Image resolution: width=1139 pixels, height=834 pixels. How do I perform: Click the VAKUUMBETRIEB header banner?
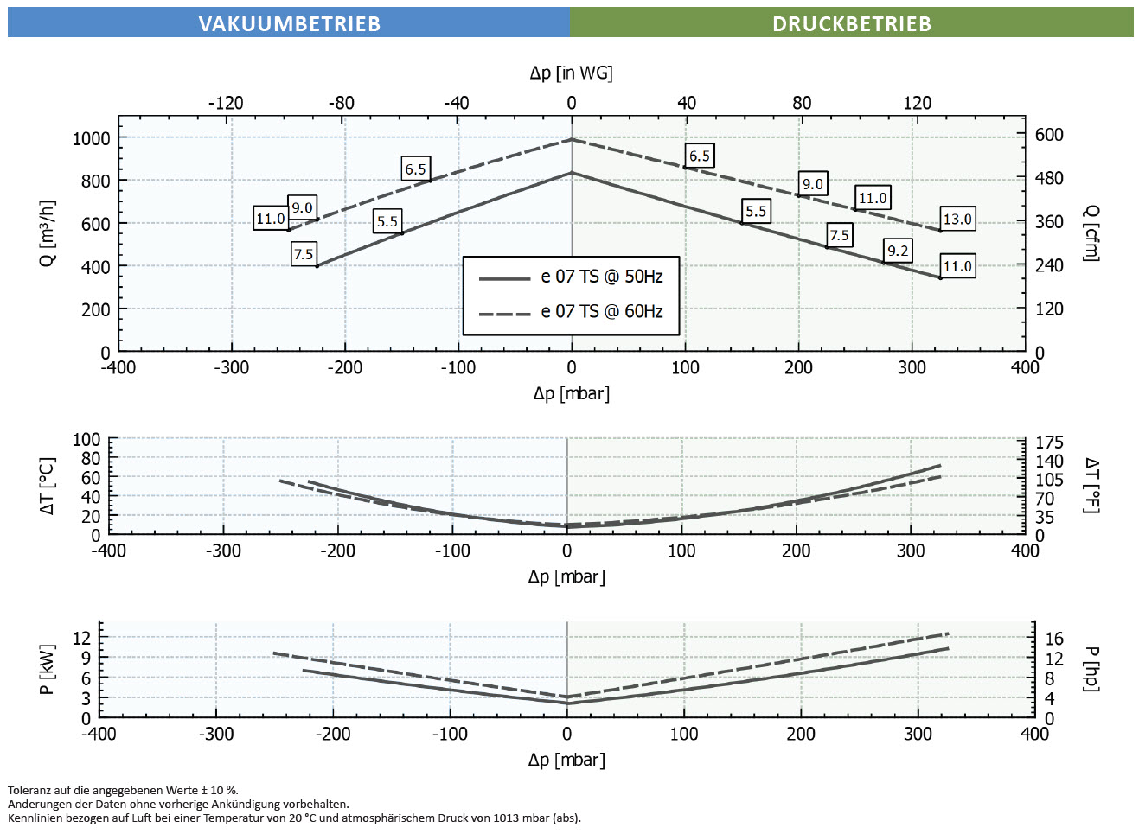(289, 23)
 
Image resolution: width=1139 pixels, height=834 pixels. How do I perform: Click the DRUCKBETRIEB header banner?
(851, 23)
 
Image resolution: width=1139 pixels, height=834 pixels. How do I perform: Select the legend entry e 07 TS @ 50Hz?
(601, 277)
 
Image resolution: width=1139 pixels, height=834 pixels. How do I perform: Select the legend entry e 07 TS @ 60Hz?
(601, 311)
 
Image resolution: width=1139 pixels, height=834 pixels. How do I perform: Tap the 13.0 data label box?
(957, 219)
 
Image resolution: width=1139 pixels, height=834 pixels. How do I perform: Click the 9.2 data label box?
(898, 251)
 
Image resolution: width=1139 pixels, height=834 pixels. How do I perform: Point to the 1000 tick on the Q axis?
(92, 138)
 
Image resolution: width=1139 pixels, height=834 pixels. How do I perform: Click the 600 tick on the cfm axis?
(1049, 135)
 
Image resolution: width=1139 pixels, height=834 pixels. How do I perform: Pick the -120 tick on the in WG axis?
(226, 103)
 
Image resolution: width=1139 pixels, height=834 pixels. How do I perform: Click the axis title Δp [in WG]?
(571, 73)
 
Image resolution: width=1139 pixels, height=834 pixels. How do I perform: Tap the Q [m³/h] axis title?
(48, 233)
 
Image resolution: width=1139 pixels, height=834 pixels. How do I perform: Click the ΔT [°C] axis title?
(48, 487)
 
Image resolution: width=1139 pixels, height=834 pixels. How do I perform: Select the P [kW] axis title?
(48, 669)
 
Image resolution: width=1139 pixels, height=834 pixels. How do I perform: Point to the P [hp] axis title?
(1091, 669)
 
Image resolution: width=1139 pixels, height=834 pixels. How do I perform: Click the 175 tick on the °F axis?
(1049, 442)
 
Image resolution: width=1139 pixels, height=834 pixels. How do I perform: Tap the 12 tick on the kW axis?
(81, 638)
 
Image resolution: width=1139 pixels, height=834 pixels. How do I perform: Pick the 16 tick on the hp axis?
(1054, 639)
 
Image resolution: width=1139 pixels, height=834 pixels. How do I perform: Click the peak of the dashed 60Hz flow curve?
(571, 139)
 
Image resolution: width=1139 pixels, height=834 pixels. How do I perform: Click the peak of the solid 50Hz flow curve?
(571, 173)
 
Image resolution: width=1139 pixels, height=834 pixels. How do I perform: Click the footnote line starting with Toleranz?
(123, 790)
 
